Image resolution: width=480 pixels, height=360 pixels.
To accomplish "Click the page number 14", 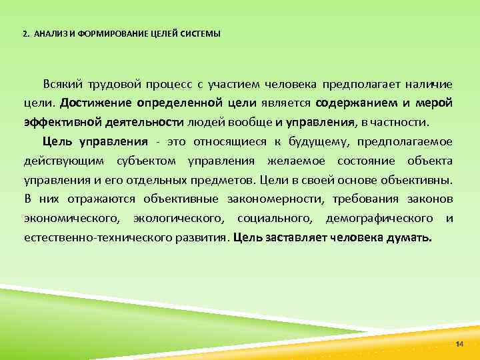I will point(459,343).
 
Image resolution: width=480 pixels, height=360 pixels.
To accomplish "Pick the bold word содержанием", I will point(356,103).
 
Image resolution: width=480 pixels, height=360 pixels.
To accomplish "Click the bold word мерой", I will point(435,103).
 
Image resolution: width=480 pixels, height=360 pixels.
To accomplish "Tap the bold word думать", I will point(409,237).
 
